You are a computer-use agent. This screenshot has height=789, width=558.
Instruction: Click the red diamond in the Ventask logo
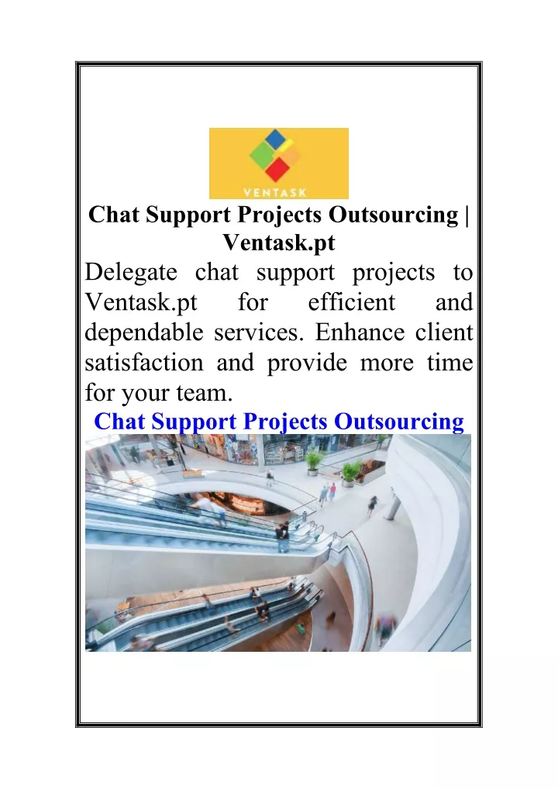(x=277, y=169)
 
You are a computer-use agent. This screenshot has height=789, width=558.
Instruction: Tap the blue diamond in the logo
(x=274, y=139)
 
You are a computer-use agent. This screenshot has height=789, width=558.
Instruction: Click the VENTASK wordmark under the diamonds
(x=274, y=191)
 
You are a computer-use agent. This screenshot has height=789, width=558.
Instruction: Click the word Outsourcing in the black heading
(x=394, y=215)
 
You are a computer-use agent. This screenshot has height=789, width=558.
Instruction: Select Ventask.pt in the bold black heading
(x=279, y=243)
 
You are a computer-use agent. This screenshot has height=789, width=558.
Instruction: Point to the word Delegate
(x=131, y=273)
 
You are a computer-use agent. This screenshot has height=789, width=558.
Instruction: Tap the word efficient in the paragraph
(x=351, y=302)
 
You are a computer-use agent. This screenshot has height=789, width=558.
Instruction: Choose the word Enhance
(x=360, y=332)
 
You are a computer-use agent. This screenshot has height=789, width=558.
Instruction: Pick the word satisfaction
(x=144, y=363)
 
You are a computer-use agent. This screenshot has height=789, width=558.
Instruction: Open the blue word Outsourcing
(x=398, y=422)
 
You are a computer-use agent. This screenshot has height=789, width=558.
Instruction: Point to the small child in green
(x=300, y=628)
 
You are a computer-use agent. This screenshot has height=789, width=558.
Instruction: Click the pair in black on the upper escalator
(x=283, y=536)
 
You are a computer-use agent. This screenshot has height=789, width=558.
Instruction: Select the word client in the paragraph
(x=444, y=332)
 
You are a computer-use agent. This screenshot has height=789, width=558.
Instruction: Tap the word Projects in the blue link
(x=285, y=422)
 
